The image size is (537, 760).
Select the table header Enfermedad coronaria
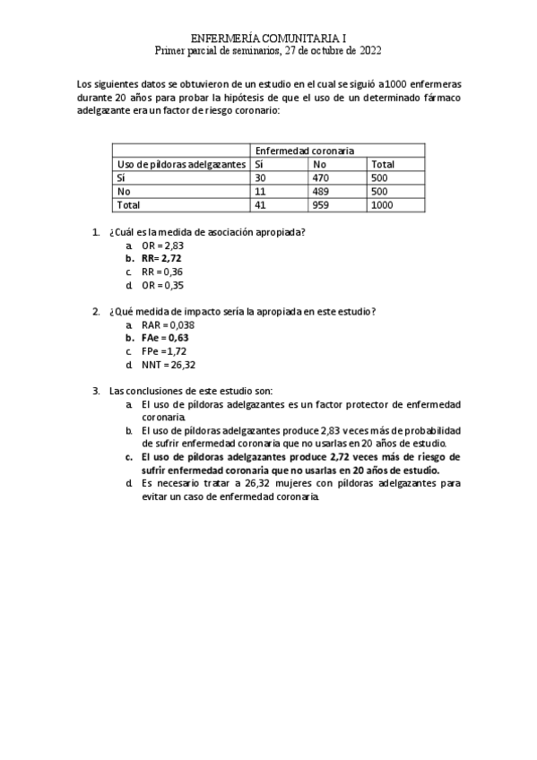(x=305, y=151)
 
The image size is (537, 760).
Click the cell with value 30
(x=262, y=178)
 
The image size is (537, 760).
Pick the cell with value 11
(x=261, y=192)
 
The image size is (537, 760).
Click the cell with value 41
(x=262, y=205)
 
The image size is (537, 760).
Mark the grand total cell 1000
(x=383, y=205)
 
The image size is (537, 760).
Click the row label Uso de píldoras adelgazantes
(x=180, y=165)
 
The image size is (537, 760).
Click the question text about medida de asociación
(x=207, y=232)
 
